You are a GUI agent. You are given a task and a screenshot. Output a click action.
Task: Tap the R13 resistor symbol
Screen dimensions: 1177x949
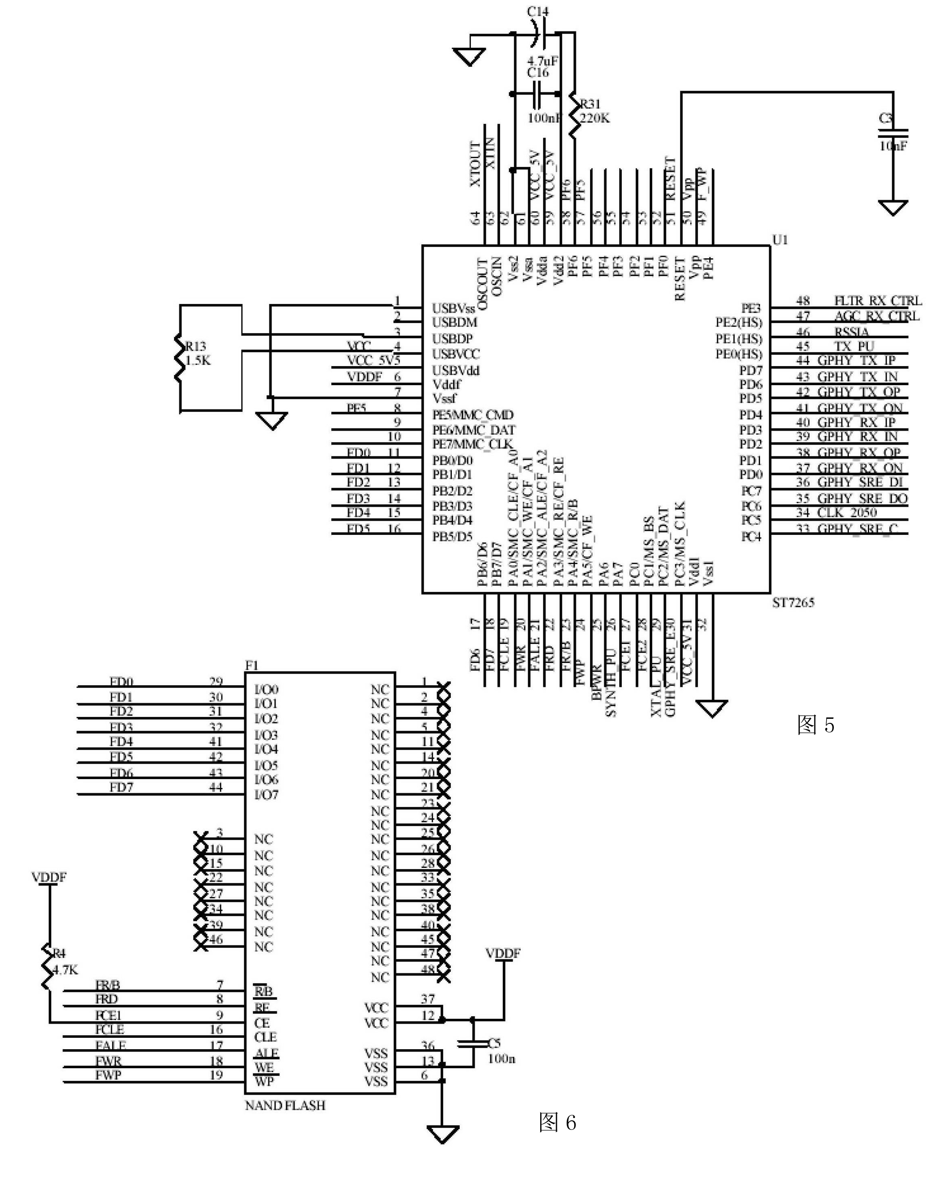(x=178, y=358)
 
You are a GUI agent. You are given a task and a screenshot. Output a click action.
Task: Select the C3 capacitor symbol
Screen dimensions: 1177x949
(x=893, y=132)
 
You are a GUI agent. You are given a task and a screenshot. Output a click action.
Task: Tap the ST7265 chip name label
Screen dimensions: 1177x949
(x=793, y=602)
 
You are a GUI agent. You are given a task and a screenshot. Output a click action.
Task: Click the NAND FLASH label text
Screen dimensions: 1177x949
(x=285, y=1105)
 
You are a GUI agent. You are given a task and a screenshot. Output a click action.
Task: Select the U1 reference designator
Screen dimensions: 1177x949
(x=780, y=239)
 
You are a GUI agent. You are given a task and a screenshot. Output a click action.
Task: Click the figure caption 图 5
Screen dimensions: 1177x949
(x=816, y=725)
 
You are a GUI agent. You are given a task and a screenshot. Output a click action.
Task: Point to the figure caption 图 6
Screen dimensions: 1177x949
(x=557, y=1122)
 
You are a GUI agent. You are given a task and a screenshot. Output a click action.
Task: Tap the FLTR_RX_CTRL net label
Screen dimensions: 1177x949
(x=878, y=300)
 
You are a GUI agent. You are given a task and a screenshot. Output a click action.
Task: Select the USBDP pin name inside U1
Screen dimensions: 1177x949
(x=452, y=339)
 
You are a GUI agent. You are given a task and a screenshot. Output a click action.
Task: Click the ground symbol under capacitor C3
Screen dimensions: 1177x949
(x=893, y=207)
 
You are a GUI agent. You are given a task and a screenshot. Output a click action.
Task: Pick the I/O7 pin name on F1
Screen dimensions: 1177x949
(x=266, y=794)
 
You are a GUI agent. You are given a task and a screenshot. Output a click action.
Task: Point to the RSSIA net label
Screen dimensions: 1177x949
(x=851, y=331)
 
